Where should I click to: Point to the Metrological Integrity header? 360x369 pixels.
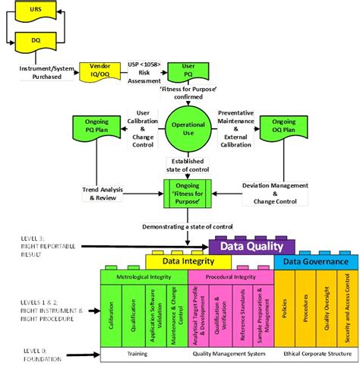(143, 277)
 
